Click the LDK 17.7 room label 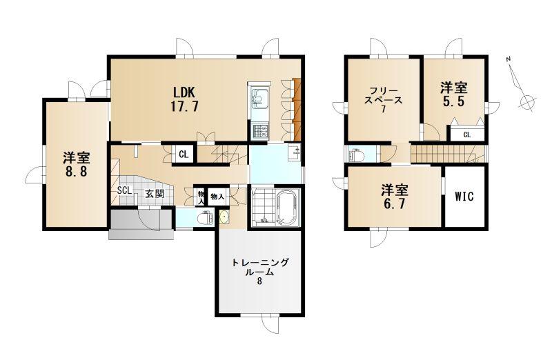pyautogui.click(x=184, y=99)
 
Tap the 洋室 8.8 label pyautogui.click(x=77, y=164)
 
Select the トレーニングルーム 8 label pyautogui.click(x=260, y=272)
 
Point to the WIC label pyautogui.click(x=464, y=197)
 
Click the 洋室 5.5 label pyautogui.click(x=454, y=94)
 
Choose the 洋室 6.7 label pyautogui.click(x=395, y=197)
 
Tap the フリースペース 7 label pyautogui.click(x=384, y=99)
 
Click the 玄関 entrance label pyautogui.click(x=155, y=194)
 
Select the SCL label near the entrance pyautogui.click(x=125, y=190)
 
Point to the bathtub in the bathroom pyautogui.click(x=288, y=208)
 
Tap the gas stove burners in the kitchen pyautogui.click(x=260, y=130)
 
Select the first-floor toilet pyautogui.click(x=205, y=218)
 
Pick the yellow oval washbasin pyautogui.click(x=224, y=217)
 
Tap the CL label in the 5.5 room pyautogui.click(x=467, y=134)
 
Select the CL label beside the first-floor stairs pyautogui.click(x=184, y=154)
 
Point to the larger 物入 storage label pyautogui.click(x=217, y=197)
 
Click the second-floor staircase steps pyautogui.click(x=448, y=154)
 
